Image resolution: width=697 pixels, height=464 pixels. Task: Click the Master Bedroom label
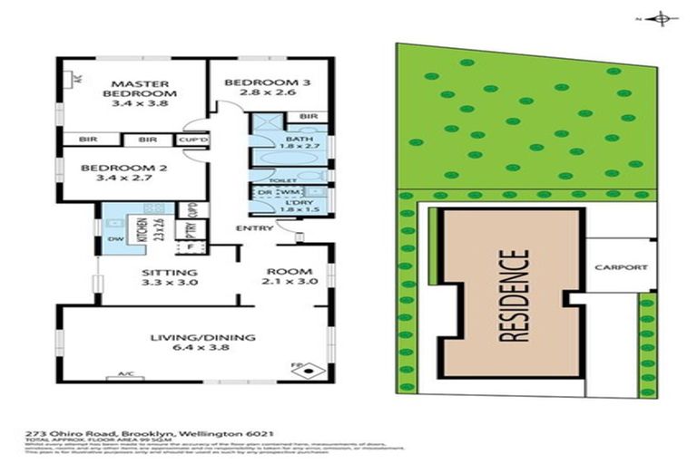point(139,92)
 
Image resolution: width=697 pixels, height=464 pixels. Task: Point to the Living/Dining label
point(202,343)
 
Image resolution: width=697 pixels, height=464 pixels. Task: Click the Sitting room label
point(170,276)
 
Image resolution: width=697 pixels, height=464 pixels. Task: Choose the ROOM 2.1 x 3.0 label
point(289,276)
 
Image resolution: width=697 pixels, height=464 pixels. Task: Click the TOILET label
point(265,180)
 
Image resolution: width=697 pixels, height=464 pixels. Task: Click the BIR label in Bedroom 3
point(308,117)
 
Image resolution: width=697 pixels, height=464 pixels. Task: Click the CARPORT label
point(621,267)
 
